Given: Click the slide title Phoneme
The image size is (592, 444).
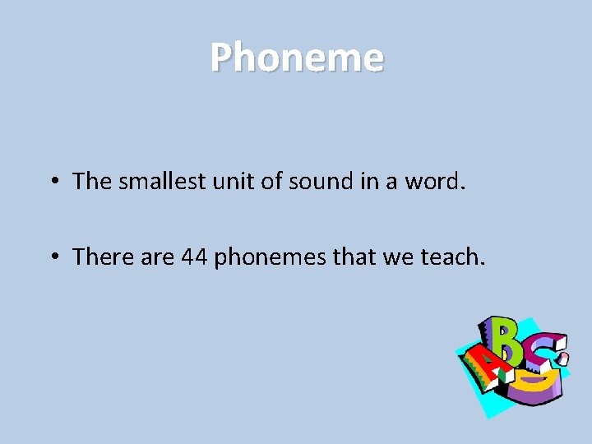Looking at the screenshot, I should coord(296,58).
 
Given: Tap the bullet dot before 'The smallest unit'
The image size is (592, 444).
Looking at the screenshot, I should coord(52,181).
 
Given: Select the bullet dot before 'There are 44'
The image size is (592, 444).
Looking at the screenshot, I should coord(52,257).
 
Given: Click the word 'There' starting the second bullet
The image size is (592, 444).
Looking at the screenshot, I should coord(99,257).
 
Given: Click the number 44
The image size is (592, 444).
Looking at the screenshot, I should coord(194,257).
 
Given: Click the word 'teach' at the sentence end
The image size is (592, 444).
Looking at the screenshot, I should coord(451,257).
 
